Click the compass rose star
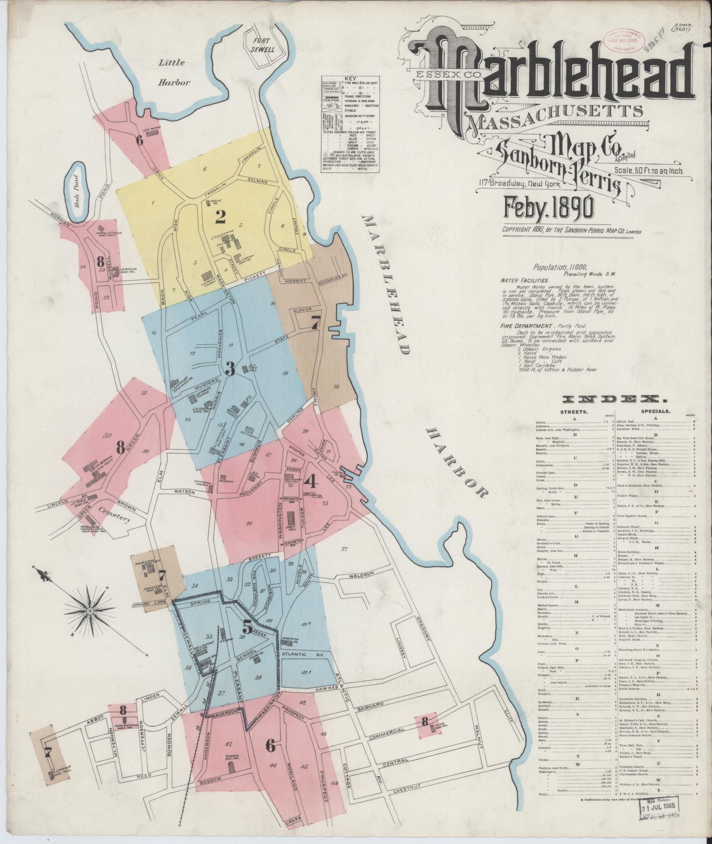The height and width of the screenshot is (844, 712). pos(90,611)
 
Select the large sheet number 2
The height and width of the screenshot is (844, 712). pos(220,217)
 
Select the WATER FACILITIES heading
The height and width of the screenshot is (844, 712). pos(524,280)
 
